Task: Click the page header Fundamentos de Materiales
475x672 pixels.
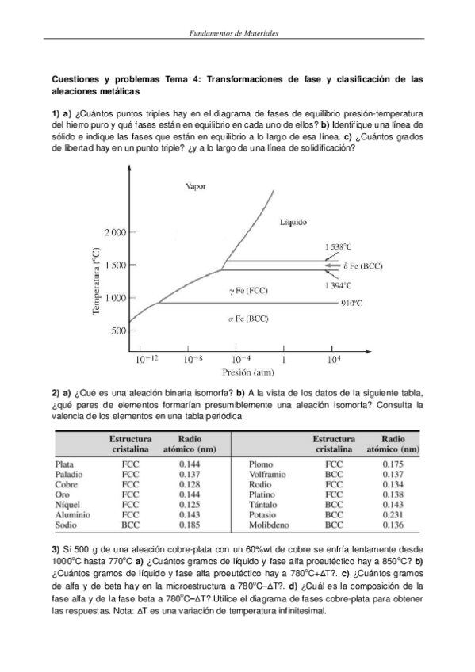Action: pos(237,34)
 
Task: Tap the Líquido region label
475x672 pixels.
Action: pos(293,223)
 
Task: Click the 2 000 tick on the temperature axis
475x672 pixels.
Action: pos(114,232)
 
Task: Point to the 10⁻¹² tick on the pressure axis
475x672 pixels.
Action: pos(147,359)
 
